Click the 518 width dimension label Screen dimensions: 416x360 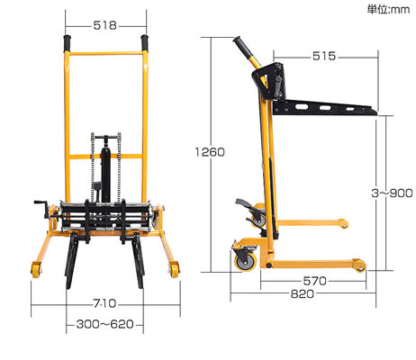pyautogui.click(x=104, y=25)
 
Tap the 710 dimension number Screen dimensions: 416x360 pyautogui.click(x=104, y=303)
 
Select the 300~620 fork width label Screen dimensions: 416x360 pyautogui.click(x=104, y=324)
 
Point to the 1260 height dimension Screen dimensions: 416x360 pyautogui.click(x=210, y=152)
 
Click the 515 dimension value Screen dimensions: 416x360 pyautogui.click(x=324, y=56)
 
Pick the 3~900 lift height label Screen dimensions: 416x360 pyautogui.click(x=392, y=193)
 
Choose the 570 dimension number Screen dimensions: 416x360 pyautogui.click(x=314, y=281)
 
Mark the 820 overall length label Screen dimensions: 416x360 pyautogui.click(x=303, y=294)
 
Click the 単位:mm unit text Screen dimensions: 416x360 pyautogui.click(x=388, y=10)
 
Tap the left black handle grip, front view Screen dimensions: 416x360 pyautogui.click(x=68, y=43)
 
